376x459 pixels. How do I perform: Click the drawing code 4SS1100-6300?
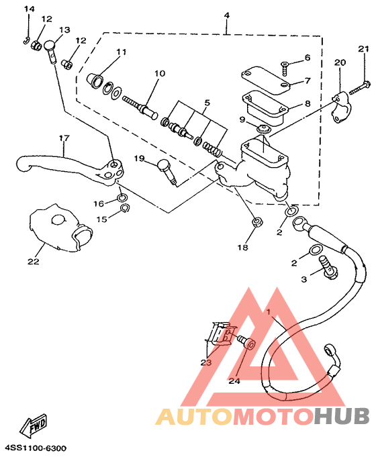(x=36, y=448)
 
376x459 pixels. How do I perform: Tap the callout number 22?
(x=33, y=261)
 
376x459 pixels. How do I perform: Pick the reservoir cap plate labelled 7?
(x=266, y=81)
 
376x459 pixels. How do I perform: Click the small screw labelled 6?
(x=284, y=68)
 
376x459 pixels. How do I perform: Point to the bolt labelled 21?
(x=358, y=89)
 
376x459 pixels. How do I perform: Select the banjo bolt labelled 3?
(x=328, y=266)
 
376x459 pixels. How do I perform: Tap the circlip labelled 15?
(x=125, y=208)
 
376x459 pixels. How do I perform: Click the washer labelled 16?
(x=122, y=198)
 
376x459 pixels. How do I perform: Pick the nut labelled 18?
(x=257, y=221)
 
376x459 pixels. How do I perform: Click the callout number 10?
(x=160, y=73)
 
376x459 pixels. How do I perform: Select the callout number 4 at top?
(x=227, y=15)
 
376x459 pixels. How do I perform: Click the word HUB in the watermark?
(x=342, y=415)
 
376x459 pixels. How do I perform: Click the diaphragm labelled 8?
(x=265, y=108)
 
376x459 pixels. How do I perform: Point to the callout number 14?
(x=30, y=9)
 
